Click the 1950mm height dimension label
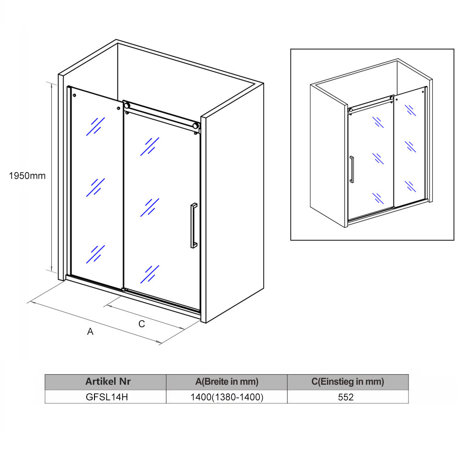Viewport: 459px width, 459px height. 27,176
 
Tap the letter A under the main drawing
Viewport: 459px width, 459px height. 90,332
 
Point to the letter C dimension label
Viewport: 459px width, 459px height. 142,324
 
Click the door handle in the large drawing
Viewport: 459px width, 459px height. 194,226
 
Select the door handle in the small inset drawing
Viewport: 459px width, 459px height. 352,170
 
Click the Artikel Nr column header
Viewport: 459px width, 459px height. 108,382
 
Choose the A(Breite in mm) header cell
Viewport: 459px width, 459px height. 227,382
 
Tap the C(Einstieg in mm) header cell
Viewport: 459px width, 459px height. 348,382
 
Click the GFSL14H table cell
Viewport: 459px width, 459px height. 106,397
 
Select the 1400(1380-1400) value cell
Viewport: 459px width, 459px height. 227,397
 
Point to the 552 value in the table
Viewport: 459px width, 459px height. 346,397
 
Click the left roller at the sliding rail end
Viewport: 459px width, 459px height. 127,105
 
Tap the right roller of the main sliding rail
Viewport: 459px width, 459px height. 195,126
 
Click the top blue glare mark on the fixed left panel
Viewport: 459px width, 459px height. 95,127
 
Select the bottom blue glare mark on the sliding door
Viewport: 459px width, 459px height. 149,274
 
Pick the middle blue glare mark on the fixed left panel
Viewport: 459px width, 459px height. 95,188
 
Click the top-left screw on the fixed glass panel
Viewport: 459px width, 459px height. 74,95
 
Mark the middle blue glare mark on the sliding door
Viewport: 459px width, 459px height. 149,208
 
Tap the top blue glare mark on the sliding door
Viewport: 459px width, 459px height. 149,146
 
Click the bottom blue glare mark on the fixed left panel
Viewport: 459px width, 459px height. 95,254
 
